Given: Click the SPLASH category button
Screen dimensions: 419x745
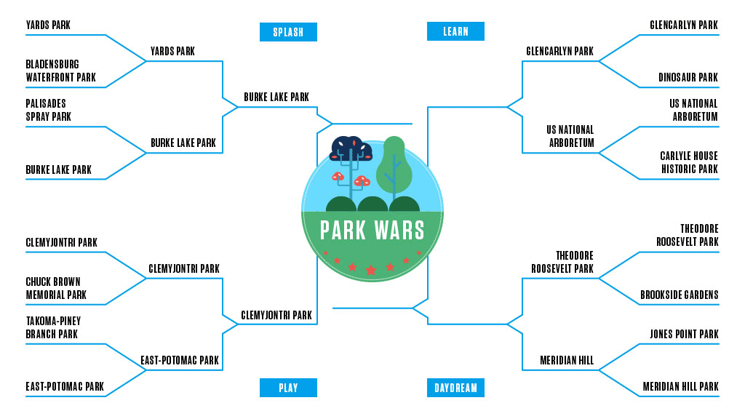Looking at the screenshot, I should tap(288, 32).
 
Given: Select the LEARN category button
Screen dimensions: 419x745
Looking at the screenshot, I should tap(455, 31).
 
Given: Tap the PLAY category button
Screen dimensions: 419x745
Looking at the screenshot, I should tap(288, 388).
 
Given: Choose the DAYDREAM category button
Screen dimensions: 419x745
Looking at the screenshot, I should tap(455, 388).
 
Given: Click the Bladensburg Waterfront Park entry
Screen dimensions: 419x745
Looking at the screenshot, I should tap(60, 71).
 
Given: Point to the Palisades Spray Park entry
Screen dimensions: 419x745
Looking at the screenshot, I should tap(49, 110).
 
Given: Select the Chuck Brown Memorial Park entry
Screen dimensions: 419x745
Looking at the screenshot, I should tap(56, 288).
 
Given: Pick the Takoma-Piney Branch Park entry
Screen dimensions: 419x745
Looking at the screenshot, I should tap(53, 327).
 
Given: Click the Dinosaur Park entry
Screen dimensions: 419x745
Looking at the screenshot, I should tap(688, 77).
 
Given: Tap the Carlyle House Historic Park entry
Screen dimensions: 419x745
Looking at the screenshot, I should tap(688, 162).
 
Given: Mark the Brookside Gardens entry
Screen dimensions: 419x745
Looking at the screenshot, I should tap(679, 295).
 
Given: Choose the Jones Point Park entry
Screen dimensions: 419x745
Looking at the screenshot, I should tap(683, 334).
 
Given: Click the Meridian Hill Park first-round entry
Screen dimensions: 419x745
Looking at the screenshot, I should tap(680, 386).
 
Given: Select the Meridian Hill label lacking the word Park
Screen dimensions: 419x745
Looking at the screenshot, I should tap(566, 360).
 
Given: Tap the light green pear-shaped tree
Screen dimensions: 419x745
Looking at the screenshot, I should tap(394, 164).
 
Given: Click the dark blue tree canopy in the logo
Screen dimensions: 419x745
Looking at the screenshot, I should tap(352, 148).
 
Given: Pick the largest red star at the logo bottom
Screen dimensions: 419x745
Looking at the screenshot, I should tap(371, 270).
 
